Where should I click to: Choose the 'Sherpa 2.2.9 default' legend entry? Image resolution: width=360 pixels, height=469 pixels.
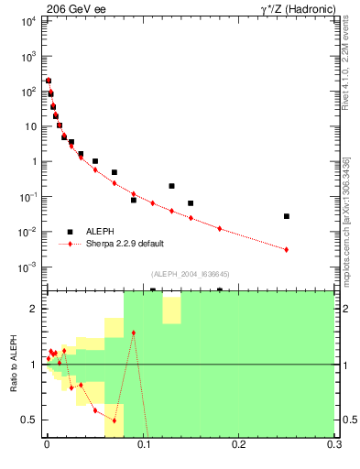(x=125, y=244)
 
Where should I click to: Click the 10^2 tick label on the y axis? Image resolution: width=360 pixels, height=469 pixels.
(x=27, y=92)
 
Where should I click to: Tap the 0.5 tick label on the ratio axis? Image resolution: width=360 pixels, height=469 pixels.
(x=29, y=420)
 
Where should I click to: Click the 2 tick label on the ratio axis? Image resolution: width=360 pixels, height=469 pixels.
(x=34, y=309)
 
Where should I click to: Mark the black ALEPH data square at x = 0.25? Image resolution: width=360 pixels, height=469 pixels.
(x=287, y=216)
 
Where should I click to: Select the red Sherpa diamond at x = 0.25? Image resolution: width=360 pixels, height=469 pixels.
(x=287, y=249)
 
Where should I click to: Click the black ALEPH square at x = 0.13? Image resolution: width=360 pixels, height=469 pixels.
(x=171, y=186)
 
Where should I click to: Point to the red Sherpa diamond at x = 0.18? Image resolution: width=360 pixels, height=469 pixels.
(x=220, y=228)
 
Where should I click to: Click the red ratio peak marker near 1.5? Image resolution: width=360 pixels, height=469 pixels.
(x=134, y=333)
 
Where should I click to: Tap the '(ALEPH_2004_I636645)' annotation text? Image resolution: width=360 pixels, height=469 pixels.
(x=190, y=275)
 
